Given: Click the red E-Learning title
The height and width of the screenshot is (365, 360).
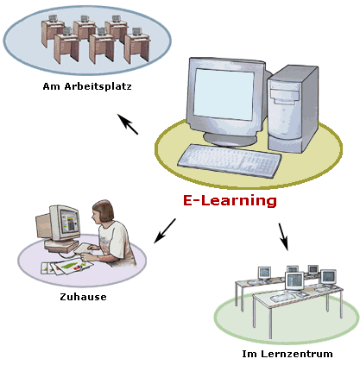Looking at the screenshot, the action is coord(230,200).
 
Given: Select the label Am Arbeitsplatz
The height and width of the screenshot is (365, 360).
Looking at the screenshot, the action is coord(87,86).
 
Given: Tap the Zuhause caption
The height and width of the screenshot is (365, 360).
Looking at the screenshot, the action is coord(83,297).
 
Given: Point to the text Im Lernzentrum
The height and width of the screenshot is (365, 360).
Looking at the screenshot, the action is coord(287,354).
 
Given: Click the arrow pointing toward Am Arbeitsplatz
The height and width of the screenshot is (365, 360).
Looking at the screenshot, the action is coord(128,124).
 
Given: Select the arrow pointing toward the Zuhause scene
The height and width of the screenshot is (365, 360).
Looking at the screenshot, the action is coord(165,231).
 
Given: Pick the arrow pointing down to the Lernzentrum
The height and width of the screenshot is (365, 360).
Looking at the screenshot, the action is coord(283,236).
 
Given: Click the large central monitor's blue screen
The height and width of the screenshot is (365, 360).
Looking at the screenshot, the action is coord(224,94).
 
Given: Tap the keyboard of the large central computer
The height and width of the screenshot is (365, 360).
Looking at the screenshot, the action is coord(230,160).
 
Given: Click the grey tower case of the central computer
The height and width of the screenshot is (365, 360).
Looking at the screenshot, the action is coord(293,109).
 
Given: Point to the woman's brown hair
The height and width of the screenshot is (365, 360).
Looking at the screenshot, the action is coord(104,210).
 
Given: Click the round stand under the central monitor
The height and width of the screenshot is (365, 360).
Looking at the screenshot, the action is coord(230,140).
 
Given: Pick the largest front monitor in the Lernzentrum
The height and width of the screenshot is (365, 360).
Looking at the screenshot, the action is coord(295,281).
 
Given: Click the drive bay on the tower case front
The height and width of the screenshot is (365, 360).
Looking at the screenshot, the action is coord(286,96).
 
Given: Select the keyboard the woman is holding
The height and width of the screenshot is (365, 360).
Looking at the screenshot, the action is coord(84,249).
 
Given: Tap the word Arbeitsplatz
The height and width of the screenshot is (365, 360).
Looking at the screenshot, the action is coord(98,86).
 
